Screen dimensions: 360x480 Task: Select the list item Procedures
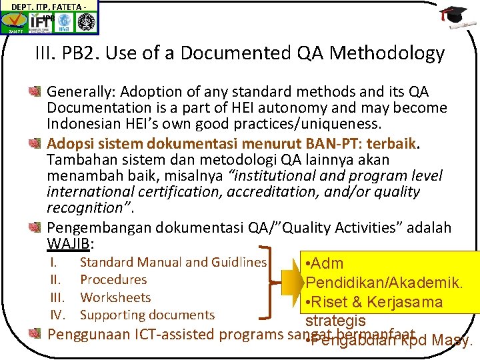coord(113,280)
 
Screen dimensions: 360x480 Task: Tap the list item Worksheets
coord(115,298)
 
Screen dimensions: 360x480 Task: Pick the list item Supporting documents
coord(147,315)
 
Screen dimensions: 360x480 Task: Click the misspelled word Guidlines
coord(236,263)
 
